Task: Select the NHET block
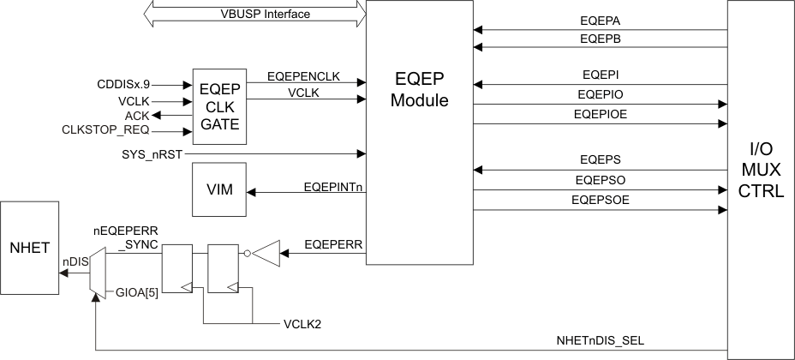click(30, 249)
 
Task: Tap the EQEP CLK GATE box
click(218, 105)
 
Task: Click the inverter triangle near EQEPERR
click(266, 253)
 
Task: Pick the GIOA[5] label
click(137, 295)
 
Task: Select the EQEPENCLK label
click(303, 75)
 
